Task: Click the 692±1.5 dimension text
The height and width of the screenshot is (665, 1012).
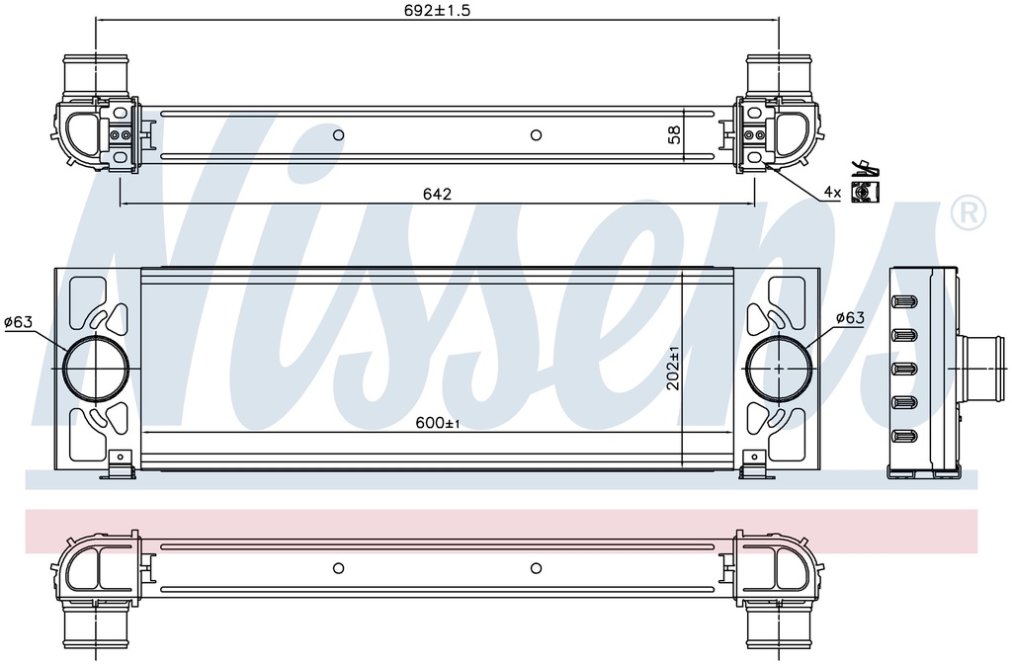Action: [x=436, y=11]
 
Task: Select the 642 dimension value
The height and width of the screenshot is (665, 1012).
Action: [x=437, y=195]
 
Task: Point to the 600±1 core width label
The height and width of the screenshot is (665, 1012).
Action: [x=438, y=423]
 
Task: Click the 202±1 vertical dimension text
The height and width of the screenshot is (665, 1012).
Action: [x=674, y=368]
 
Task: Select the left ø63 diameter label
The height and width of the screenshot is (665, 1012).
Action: [x=19, y=321]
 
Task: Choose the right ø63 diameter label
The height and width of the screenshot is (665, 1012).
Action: [x=850, y=317]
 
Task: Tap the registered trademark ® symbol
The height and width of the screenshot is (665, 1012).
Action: [x=967, y=211]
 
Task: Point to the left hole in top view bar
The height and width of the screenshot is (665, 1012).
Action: [x=338, y=135]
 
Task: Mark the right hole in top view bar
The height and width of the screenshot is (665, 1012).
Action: [x=536, y=135]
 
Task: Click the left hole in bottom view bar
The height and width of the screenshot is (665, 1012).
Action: [x=338, y=568]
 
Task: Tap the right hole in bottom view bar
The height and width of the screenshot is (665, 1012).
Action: [x=536, y=568]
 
